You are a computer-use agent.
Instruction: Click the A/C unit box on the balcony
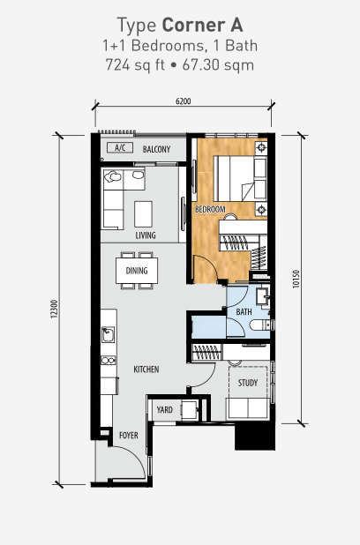[120, 148]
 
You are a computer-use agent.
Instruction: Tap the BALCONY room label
[156, 149]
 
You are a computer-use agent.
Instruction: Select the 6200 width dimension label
[184, 101]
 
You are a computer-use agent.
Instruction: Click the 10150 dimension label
[296, 280]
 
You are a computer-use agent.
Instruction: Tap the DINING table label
[137, 271]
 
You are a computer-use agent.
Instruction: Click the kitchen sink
[108, 335]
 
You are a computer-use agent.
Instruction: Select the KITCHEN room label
[146, 370]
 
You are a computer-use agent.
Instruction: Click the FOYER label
[129, 435]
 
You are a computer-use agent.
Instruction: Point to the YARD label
[164, 410]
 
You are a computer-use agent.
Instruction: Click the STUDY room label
[248, 383]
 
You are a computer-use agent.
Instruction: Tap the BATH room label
[244, 312]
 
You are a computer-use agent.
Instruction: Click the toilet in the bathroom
[261, 325]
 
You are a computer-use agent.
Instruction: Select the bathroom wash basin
[263, 296]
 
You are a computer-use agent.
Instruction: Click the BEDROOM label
[210, 210]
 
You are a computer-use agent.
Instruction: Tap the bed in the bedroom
[240, 178]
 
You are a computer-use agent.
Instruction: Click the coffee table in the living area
[143, 213]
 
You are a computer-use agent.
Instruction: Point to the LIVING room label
[146, 235]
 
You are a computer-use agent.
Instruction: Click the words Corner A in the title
[202, 25]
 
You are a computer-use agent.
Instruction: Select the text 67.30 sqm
[218, 64]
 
